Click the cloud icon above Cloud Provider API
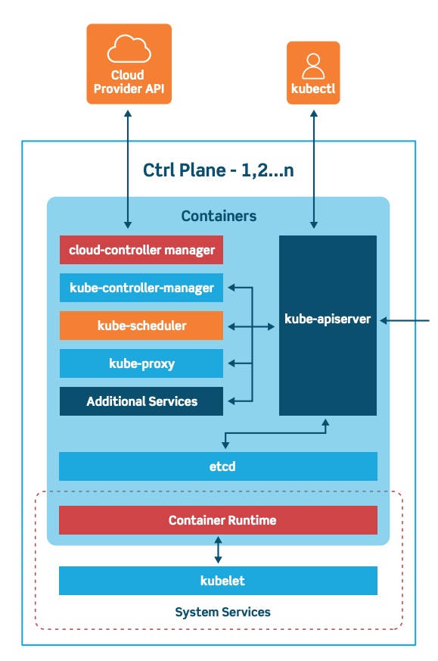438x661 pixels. pyautogui.click(x=129, y=51)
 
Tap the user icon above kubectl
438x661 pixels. pyautogui.click(x=312, y=65)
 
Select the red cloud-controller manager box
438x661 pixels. pyautogui.click(x=141, y=250)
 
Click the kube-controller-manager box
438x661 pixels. pyautogui.click(x=141, y=288)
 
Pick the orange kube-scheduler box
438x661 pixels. pyautogui.click(x=141, y=326)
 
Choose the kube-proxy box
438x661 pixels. pyautogui.click(x=141, y=363)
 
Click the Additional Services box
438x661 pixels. pyautogui.click(x=141, y=401)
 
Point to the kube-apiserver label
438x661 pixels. pyautogui.click(x=328, y=319)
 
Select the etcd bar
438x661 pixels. pyautogui.click(x=218, y=466)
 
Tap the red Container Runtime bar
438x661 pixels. pyautogui.click(x=218, y=520)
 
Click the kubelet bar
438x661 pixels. pyautogui.click(x=218, y=581)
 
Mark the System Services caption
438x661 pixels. pyautogui.click(x=222, y=612)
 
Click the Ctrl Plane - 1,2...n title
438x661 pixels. pyautogui.click(x=219, y=170)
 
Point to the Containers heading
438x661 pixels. pyautogui.click(x=219, y=217)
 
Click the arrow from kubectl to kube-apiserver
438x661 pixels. pyautogui.click(x=313, y=167)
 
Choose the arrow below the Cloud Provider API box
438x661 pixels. pyautogui.click(x=128, y=167)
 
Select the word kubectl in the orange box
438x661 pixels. pyautogui.click(x=313, y=89)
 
